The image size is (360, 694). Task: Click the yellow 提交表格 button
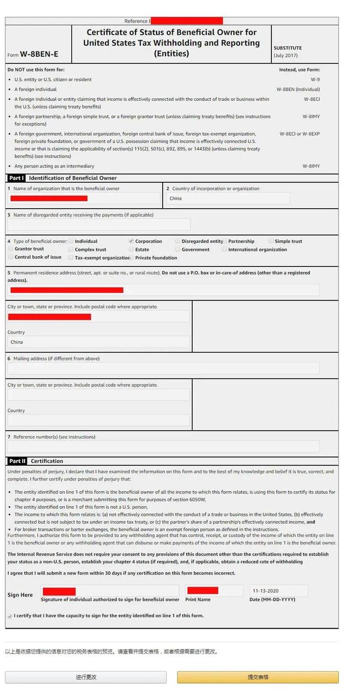click(257, 677)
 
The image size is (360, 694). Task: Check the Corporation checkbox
click(131, 241)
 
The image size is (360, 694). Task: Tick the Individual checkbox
click(71, 241)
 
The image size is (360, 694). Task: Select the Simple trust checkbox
click(271, 241)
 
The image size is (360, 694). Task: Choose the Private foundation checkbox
click(131, 258)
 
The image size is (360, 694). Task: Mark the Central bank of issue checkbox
click(10, 257)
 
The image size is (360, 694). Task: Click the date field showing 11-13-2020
click(278, 591)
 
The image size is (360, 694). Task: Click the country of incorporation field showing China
click(228, 199)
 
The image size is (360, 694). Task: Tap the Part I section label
click(16, 178)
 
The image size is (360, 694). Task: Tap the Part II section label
click(17, 461)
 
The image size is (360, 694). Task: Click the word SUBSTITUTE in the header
click(288, 48)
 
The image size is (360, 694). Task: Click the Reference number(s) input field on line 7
click(163, 447)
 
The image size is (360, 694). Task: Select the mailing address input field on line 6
click(163, 368)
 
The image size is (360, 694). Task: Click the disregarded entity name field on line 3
click(99, 224)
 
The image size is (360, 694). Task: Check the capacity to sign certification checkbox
click(10, 616)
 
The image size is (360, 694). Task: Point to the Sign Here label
click(20, 595)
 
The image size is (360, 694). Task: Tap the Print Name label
click(198, 599)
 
